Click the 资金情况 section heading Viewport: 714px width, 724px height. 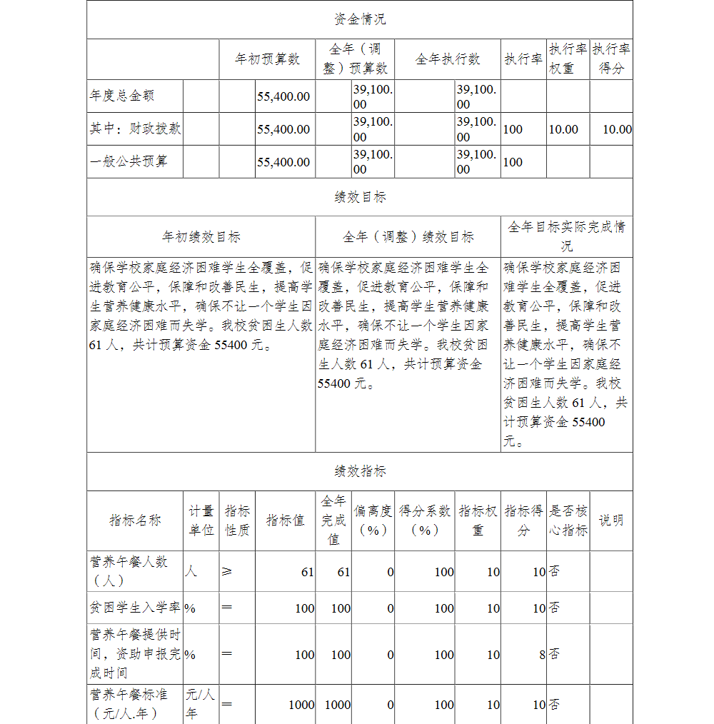point(360,19)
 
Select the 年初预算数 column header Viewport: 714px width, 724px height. point(268,59)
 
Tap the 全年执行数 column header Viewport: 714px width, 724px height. point(448,59)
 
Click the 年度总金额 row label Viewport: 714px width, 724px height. point(122,96)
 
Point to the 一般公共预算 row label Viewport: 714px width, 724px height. point(129,161)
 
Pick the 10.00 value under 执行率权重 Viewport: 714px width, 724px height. point(563,129)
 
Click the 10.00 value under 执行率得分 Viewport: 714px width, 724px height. point(617,129)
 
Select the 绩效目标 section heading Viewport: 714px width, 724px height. point(360,197)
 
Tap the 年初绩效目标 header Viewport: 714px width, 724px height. point(201,237)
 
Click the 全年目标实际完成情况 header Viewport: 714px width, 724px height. point(566,236)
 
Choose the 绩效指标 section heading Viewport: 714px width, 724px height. point(360,471)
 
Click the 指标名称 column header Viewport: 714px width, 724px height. point(135,521)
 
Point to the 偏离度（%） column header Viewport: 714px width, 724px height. point(373,521)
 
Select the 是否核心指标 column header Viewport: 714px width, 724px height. point(568,521)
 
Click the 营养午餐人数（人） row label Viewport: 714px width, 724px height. point(129,571)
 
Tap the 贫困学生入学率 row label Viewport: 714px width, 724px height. point(135,608)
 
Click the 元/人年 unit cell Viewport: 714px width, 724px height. point(201,703)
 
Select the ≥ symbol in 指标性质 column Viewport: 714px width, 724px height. point(226,572)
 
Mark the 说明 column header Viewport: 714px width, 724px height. point(611,521)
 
